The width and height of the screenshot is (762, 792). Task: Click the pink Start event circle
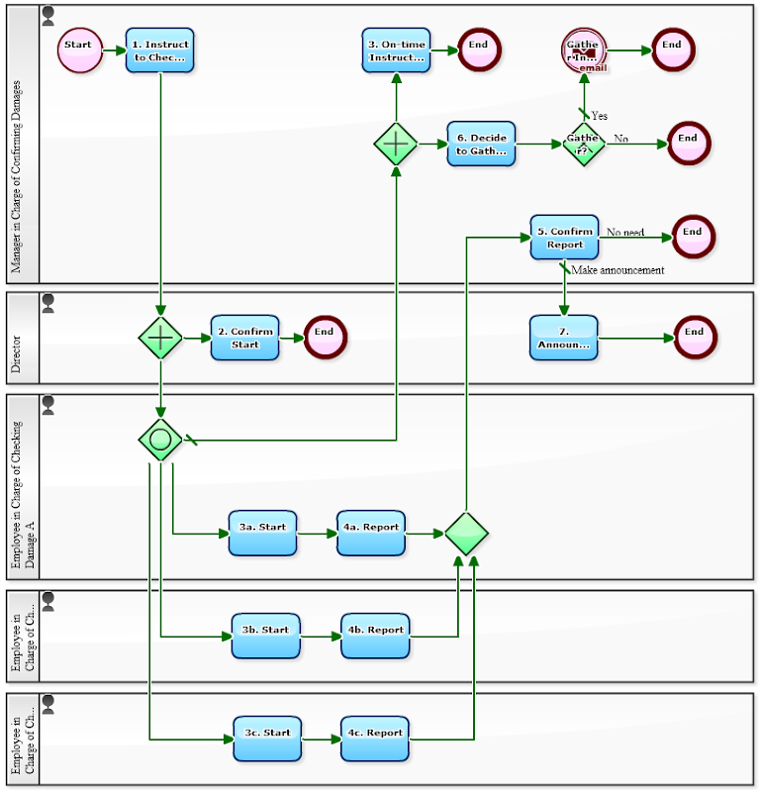[x=79, y=50]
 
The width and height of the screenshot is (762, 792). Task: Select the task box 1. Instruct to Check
[x=159, y=50]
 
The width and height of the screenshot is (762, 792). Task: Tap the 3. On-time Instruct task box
[x=396, y=50]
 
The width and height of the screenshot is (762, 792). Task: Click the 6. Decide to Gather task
[x=481, y=144]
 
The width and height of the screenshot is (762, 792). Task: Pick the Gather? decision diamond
[x=584, y=145]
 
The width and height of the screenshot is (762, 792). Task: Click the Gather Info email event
[x=584, y=50]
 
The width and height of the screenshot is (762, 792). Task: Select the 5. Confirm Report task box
[x=564, y=238]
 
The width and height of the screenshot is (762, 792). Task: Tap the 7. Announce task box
[x=563, y=338]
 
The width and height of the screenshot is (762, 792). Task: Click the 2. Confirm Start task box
[x=244, y=338]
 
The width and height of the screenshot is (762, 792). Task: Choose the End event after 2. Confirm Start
[x=325, y=338]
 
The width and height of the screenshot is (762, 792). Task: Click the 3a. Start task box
[x=262, y=534]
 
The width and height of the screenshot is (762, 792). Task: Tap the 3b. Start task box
[x=265, y=636]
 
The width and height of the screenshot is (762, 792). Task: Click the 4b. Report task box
[x=375, y=636]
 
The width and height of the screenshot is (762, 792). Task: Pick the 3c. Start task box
[x=267, y=739]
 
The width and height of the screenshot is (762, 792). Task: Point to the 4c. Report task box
[x=375, y=739]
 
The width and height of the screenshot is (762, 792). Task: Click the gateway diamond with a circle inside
[x=160, y=439]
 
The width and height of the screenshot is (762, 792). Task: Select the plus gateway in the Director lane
[x=160, y=338]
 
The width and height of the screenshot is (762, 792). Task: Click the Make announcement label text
[x=618, y=270]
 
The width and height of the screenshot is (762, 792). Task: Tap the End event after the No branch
[x=689, y=144]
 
